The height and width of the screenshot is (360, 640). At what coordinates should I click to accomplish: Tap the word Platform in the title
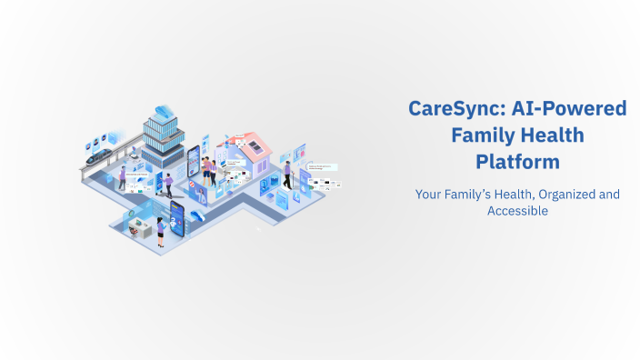point(517,163)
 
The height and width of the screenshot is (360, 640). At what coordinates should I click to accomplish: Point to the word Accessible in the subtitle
point(517,210)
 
